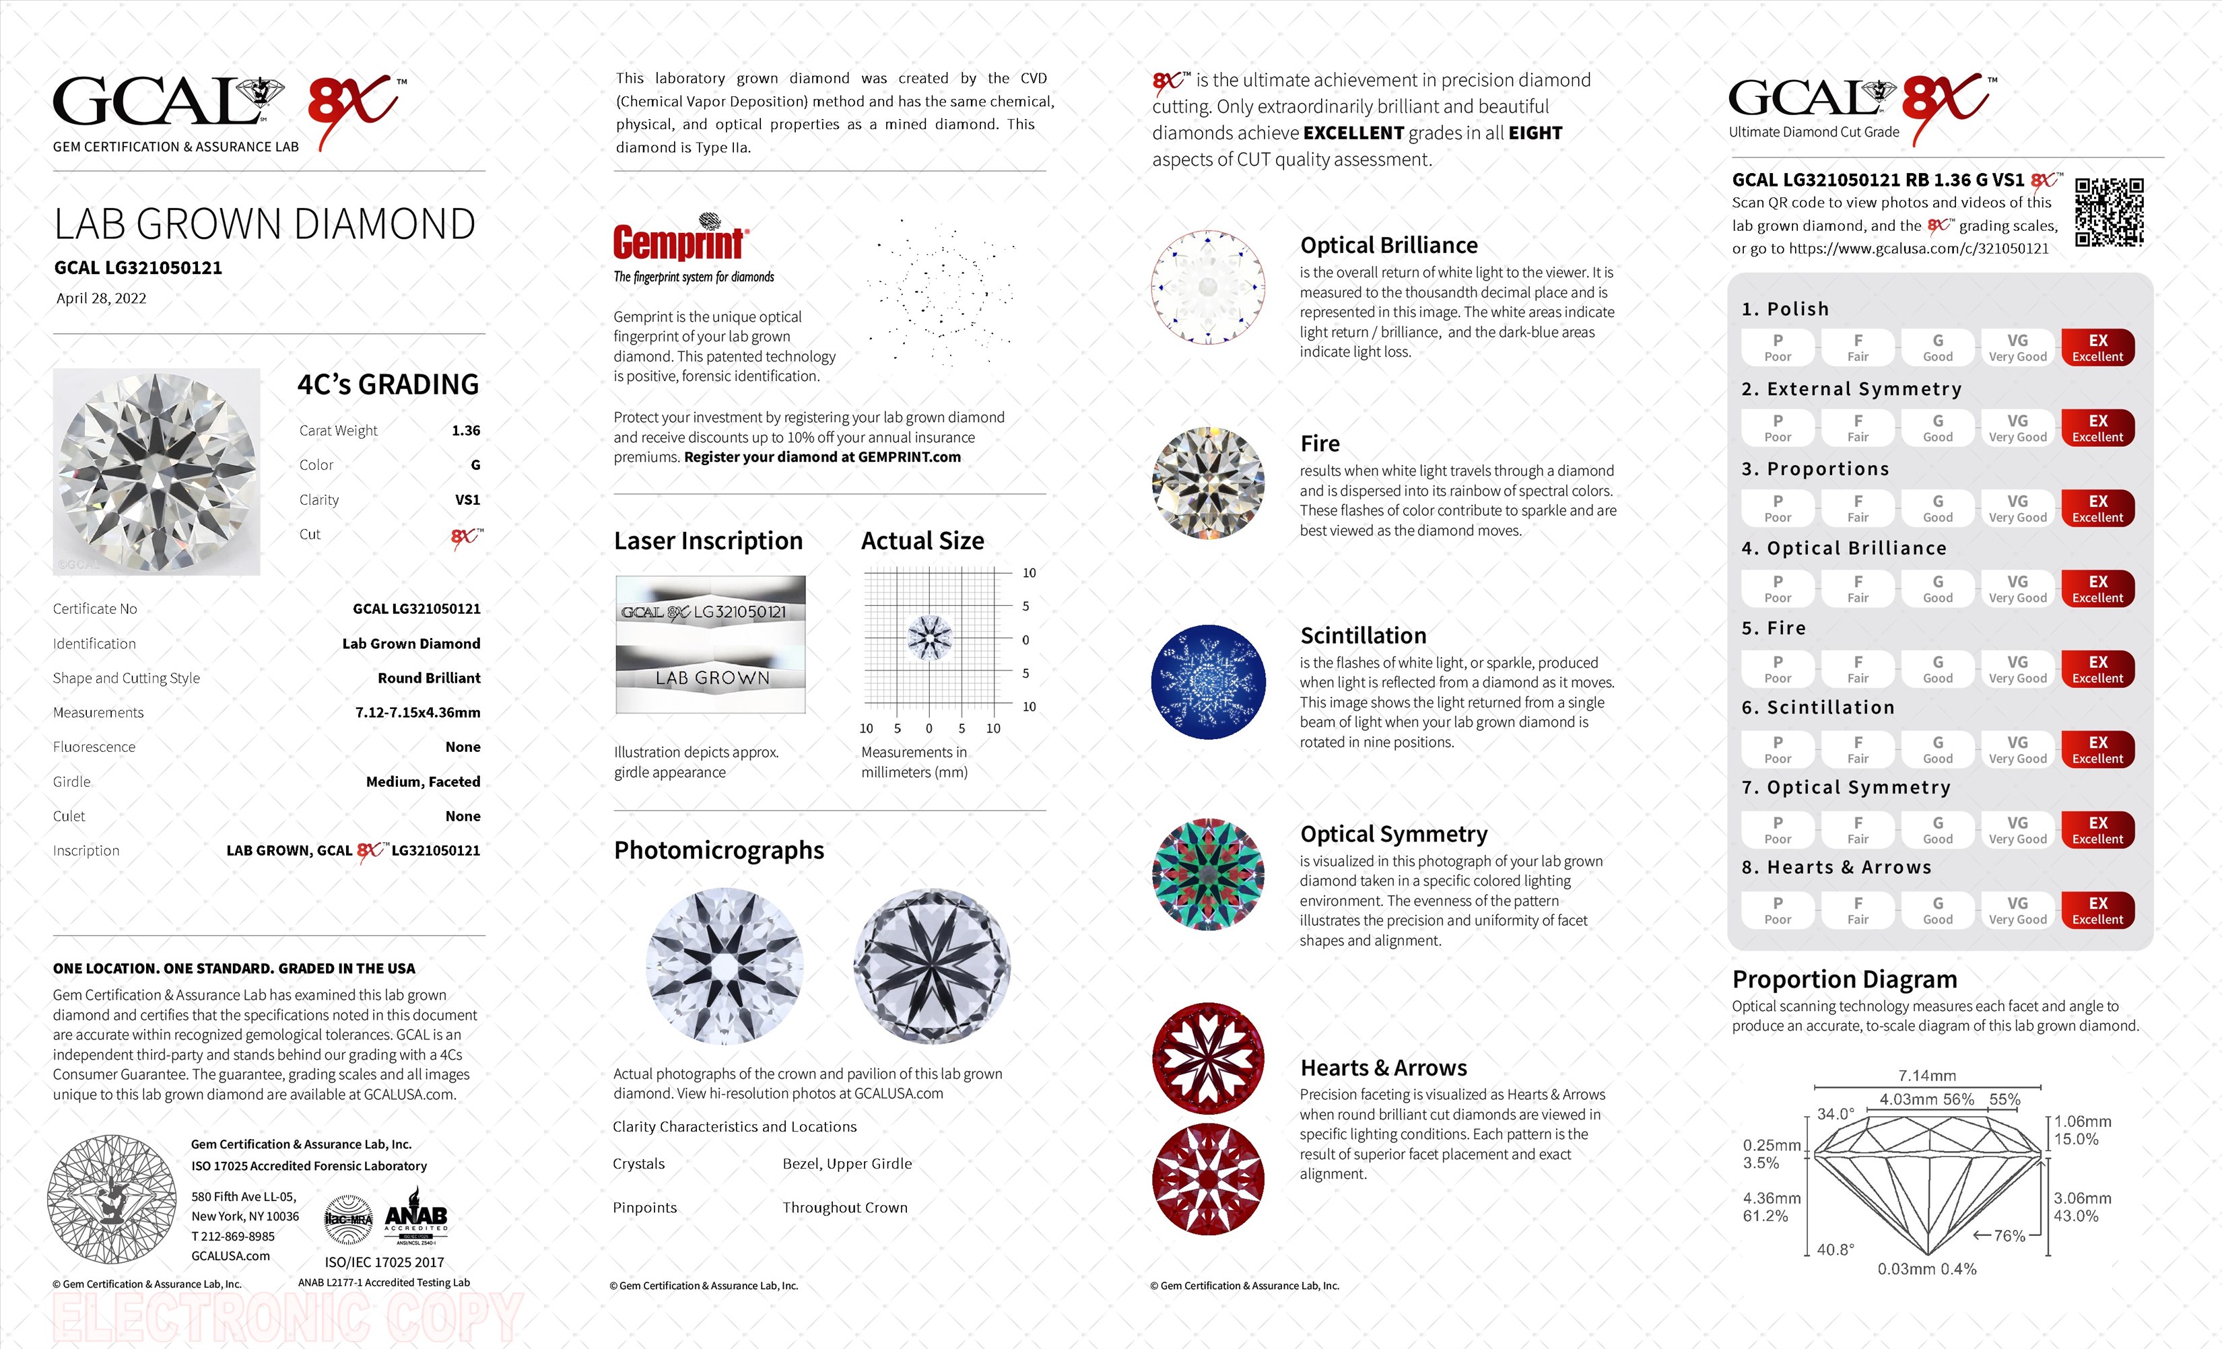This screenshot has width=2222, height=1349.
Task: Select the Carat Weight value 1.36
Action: (x=465, y=430)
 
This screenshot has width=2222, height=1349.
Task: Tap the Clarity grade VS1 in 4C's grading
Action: (x=467, y=499)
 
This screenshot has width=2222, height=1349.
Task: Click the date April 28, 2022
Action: (x=101, y=298)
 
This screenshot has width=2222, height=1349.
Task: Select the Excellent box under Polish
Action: (x=2097, y=347)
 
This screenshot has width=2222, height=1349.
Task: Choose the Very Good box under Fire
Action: (x=2017, y=669)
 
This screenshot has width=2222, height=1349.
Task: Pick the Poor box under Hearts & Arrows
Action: (x=1778, y=910)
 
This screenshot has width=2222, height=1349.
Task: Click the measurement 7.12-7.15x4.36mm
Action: (x=417, y=712)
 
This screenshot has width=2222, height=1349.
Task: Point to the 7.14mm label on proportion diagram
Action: (x=1927, y=1075)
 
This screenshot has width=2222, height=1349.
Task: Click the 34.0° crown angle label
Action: (x=1835, y=1113)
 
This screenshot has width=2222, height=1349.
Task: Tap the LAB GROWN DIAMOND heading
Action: (x=264, y=225)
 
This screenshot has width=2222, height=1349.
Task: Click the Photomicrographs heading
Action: (x=718, y=850)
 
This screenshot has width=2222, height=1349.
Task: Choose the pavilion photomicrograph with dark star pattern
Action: (x=931, y=967)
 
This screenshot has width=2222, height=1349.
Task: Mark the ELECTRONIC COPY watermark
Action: (x=287, y=1317)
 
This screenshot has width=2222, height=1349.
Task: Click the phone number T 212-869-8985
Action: (x=233, y=1237)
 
